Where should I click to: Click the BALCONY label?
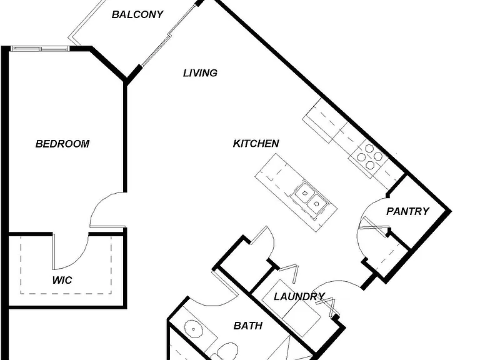click(x=137, y=14)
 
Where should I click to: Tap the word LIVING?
click(x=200, y=73)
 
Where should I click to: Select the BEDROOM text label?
click(x=62, y=144)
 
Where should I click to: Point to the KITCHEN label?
click(x=256, y=143)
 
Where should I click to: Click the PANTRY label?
click(x=407, y=211)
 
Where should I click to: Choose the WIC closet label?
click(x=62, y=280)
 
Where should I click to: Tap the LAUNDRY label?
click(x=299, y=296)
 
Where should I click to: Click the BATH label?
click(x=248, y=326)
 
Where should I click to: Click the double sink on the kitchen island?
click(x=310, y=198)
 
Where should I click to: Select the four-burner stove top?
click(x=369, y=157)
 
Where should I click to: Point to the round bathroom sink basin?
click(x=193, y=329)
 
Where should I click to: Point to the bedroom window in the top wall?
click(x=40, y=48)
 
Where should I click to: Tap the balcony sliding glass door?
click(x=169, y=34)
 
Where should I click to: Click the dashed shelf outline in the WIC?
click(x=66, y=294)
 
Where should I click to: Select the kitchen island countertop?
click(x=296, y=192)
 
